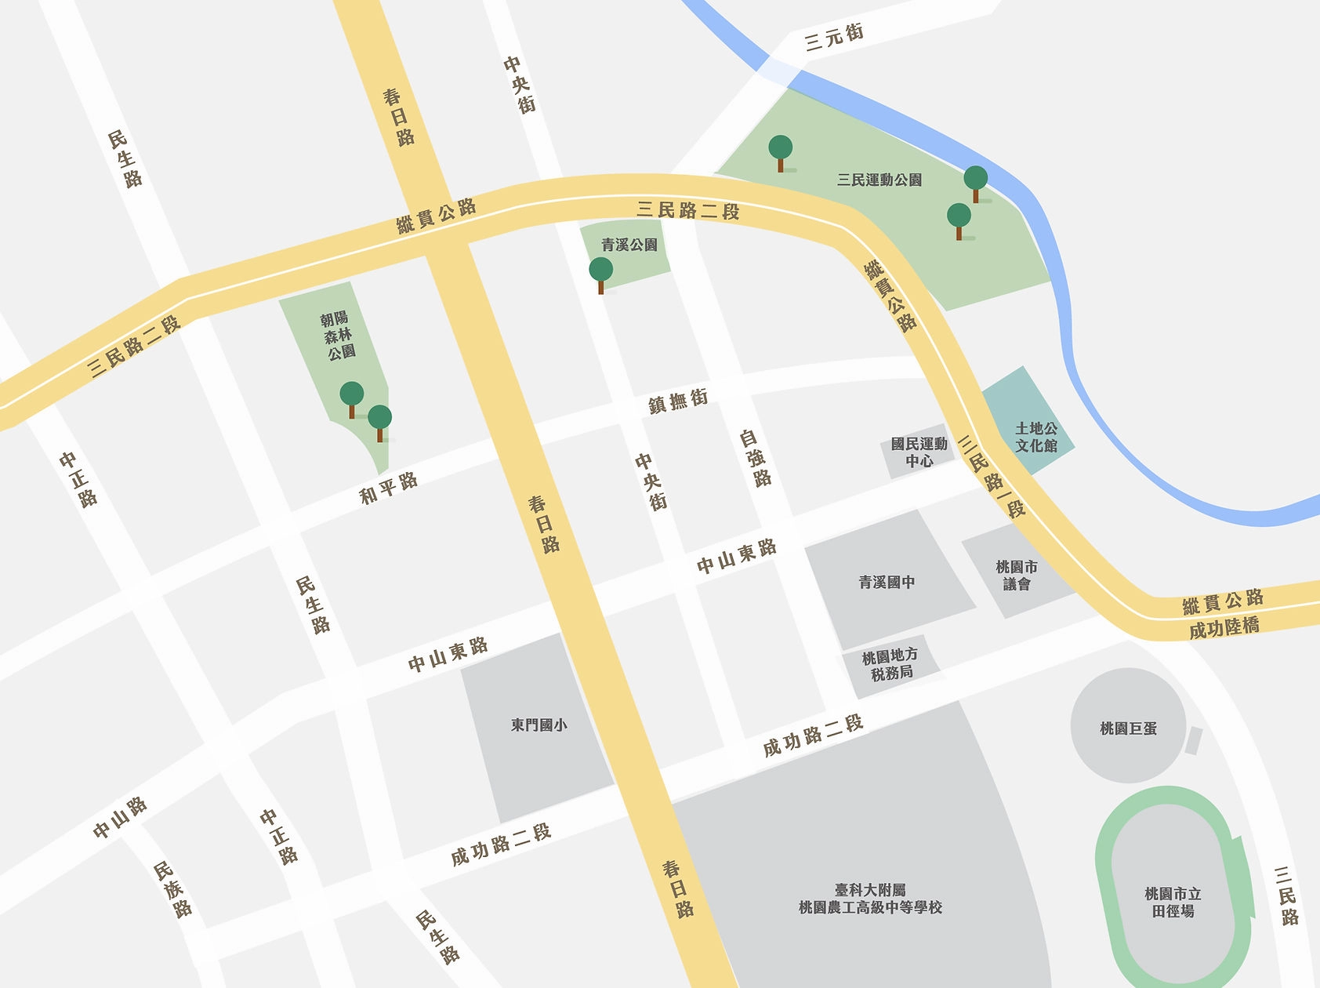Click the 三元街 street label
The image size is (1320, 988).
pyautogui.click(x=834, y=37)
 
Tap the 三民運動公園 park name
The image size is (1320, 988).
pyautogui.click(x=879, y=180)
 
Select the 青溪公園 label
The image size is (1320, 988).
pyautogui.click(x=629, y=245)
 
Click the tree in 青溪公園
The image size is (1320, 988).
pyautogui.click(x=601, y=274)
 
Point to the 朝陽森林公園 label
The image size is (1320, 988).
pyautogui.click(x=337, y=335)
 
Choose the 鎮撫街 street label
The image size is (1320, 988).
pyautogui.click(x=678, y=401)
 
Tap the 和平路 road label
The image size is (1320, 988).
pyautogui.click(x=388, y=488)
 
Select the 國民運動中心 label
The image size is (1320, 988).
pyautogui.click(x=919, y=452)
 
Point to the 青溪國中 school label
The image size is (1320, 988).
pyautogui.click(x=887, y=582)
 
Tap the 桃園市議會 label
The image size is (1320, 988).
pyautogui.click(x=1017, y=575)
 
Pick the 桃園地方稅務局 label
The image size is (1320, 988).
pyautogui.click(x=890, y=663)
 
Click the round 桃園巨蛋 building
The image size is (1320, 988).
pyautogui.click(x=1128, y=725)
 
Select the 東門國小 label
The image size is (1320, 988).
pyautogui.click(x=539, y=725)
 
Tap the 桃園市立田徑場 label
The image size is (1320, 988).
pyautogui.click(x=1173, y=902)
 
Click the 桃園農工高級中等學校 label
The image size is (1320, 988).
pyautogui.click(x=870, y=899)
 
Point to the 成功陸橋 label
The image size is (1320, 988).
pyautogui.click(x=1224, y=627)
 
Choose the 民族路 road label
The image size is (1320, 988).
pyautogui.click(x=172, y=889)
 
